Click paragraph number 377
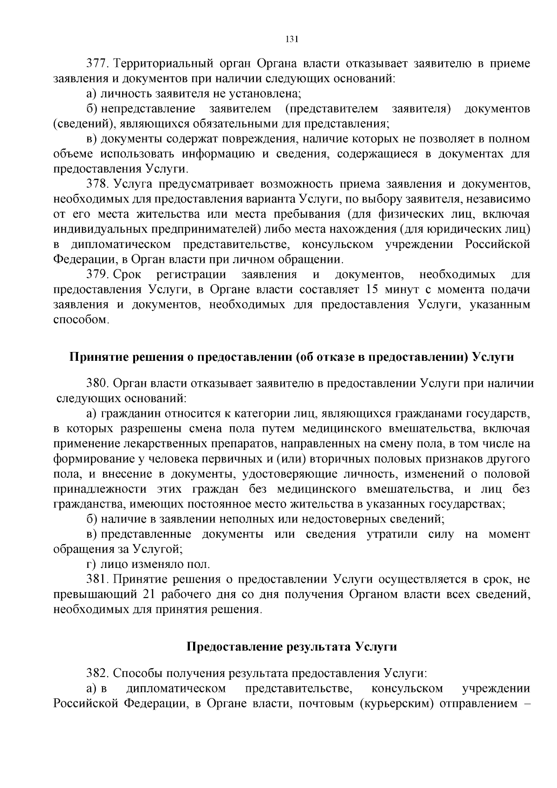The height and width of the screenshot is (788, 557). click(97, 63)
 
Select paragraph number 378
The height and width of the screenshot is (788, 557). click(97, 184)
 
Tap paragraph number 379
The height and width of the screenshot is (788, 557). click(97, 274)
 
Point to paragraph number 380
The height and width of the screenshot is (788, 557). click(97, 384)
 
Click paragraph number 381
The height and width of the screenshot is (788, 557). click(97, 579)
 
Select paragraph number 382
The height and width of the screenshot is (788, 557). click(97, 673)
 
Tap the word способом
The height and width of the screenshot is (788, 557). click(80, 320)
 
